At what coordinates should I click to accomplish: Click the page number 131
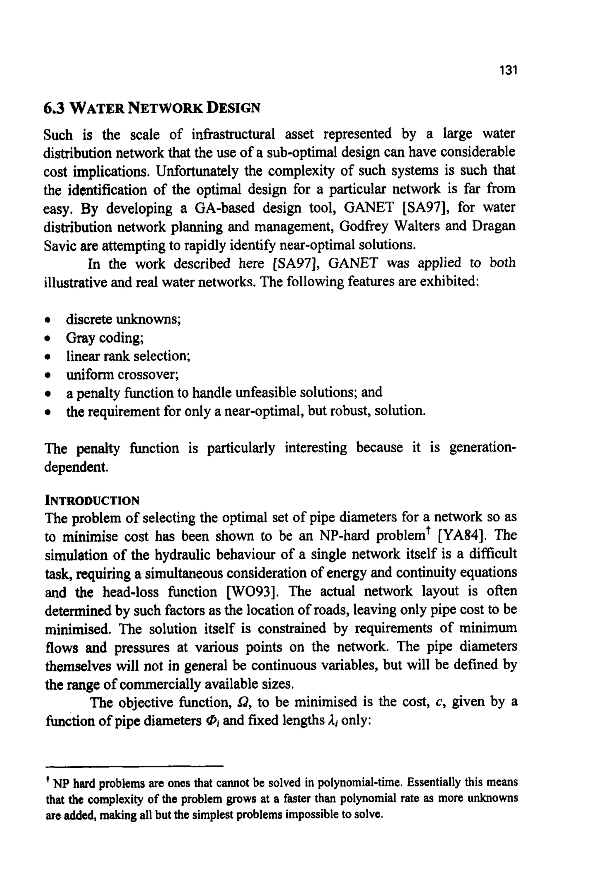tap(508, 70)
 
